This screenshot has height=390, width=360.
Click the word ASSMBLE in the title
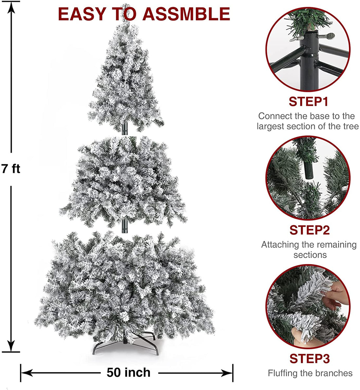pyautogui.click(x=186, y=14)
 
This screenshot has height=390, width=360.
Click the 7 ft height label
pyautogui.click(x=11, y=169)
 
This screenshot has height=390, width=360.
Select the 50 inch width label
pyautogui.click(x=129, y=372)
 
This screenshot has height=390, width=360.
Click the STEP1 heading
pyautogui.click(x=309, y=101)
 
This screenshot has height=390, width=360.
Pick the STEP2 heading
pyautogui.click(x=310, y=230)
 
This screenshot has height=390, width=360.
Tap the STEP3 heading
pyautogui.click(x=310, y=359)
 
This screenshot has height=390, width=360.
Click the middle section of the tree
pyautogui.click(x=123, y=181)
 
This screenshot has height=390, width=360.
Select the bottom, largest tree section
pyautogui.click(x=124, y=286)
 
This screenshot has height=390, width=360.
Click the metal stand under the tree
pyautogui.click(x=125, y=345)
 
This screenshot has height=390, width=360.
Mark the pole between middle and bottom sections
pyautogui.click(x=125, y=226)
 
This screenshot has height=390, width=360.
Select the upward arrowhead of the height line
pyautogui.click(x=11, y=8)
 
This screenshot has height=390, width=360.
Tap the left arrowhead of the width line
pyautogui.click(x=26, y=373)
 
